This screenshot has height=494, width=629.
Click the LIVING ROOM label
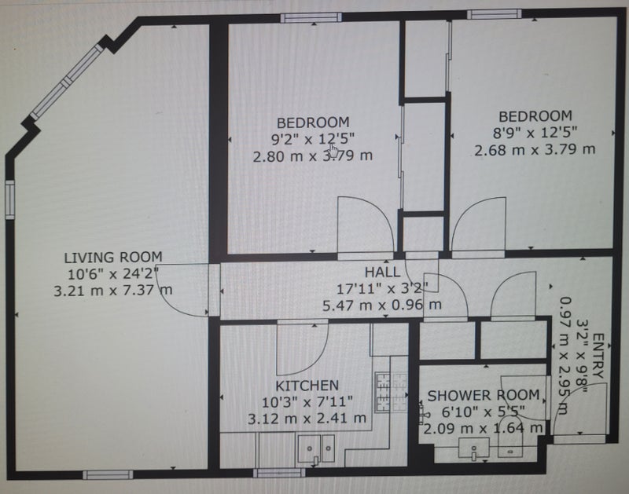pos(113,257)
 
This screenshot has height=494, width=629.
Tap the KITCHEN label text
pos(307,386)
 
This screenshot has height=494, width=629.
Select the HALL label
pos(382,273)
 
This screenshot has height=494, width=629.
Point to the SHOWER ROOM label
pos(484,396)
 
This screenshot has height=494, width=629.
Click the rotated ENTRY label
pos(598,356)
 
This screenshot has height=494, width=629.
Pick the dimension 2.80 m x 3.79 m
pos(313,156)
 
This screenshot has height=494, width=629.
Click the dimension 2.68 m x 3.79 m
pos(535,150)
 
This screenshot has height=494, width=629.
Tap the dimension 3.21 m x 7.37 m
pos(113,290)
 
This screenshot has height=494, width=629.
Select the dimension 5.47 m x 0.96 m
pos(382,305)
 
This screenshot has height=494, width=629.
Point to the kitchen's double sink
pos(316,448)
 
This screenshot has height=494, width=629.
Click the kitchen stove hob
pos(391,392)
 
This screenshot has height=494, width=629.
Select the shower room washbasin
pos(474,448)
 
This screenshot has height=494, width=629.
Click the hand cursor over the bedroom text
pos(333,151)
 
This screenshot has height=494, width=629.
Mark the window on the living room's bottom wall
pos(108,475)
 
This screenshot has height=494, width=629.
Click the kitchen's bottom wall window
pos(279,473)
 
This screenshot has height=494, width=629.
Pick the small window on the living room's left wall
pos(9,199)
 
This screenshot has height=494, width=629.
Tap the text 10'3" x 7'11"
pos(307,402)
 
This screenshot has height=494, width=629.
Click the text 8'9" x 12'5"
pos(535,132)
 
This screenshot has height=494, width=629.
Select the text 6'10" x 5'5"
pos(484,412)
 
